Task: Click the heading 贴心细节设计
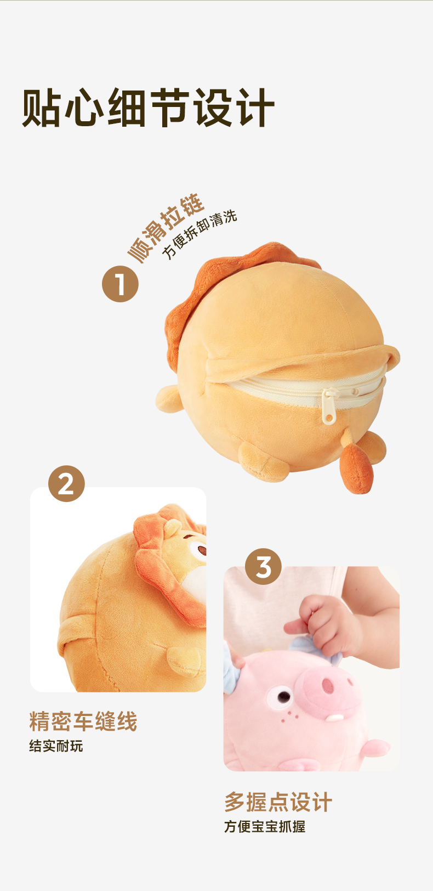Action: (148, 108)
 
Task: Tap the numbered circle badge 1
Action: (121, 284)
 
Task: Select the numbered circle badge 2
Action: (66, 484)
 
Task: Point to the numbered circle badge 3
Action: (263, 566)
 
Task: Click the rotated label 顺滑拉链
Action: (166, 228)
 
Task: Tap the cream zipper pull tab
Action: (329, 407)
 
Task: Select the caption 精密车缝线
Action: (83, 721)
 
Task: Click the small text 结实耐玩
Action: (56, 746)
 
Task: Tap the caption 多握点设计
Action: (278, 802)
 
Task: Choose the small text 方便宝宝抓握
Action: (265, 827)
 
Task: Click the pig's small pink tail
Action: (375, 748)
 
